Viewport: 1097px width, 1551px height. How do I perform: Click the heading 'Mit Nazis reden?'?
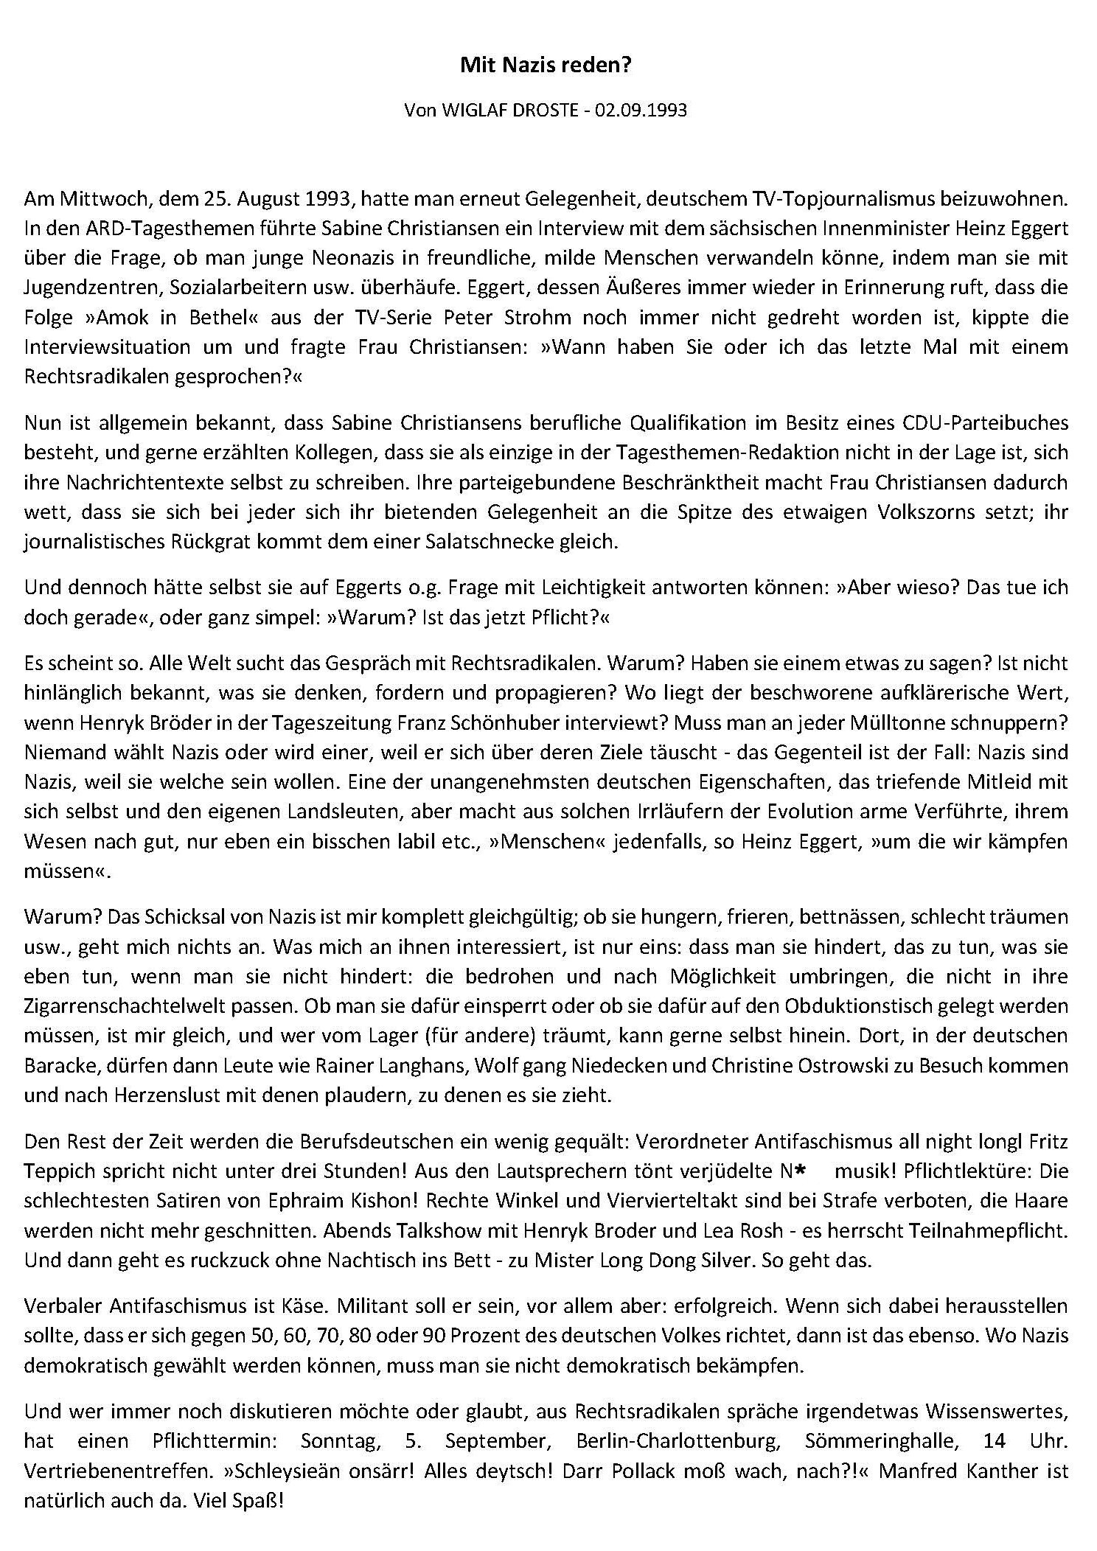(x=546, y=66)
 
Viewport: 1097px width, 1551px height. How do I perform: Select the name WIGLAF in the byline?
(x=473, y=111)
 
